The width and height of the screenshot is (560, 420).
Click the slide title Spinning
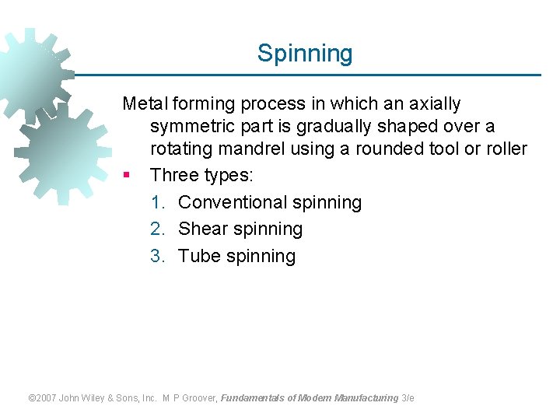[305, 54]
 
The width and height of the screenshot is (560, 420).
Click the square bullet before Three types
[125, 174]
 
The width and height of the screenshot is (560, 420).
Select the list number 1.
[157, 202]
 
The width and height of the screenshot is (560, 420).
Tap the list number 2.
[157, 229]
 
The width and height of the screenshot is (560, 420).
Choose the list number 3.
[157, 256]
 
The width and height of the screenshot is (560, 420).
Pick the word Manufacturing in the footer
[366, 397]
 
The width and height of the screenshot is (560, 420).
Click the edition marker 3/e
[408, 397]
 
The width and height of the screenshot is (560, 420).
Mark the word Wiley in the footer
[99, 397]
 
